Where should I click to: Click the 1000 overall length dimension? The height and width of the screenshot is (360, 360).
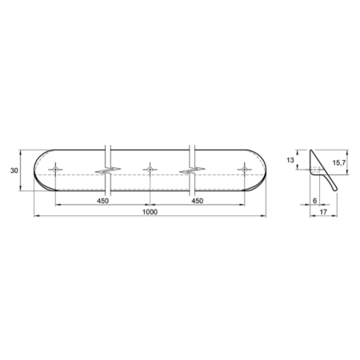[150, 212]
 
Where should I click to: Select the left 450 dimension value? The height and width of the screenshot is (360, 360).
[102, 201]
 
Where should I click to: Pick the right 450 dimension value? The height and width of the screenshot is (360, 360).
[198, 201]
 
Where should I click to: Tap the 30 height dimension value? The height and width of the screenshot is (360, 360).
[14, 170]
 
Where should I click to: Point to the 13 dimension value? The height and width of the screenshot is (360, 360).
[290, 160]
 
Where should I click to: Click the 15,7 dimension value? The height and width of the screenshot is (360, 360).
[339, 162]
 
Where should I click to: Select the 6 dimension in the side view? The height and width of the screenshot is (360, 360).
[314, 201]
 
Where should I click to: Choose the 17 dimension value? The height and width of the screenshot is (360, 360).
[323, 212]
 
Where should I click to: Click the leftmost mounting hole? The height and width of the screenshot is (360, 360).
[55, 170]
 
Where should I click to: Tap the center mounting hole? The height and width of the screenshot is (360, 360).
[150, 170]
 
